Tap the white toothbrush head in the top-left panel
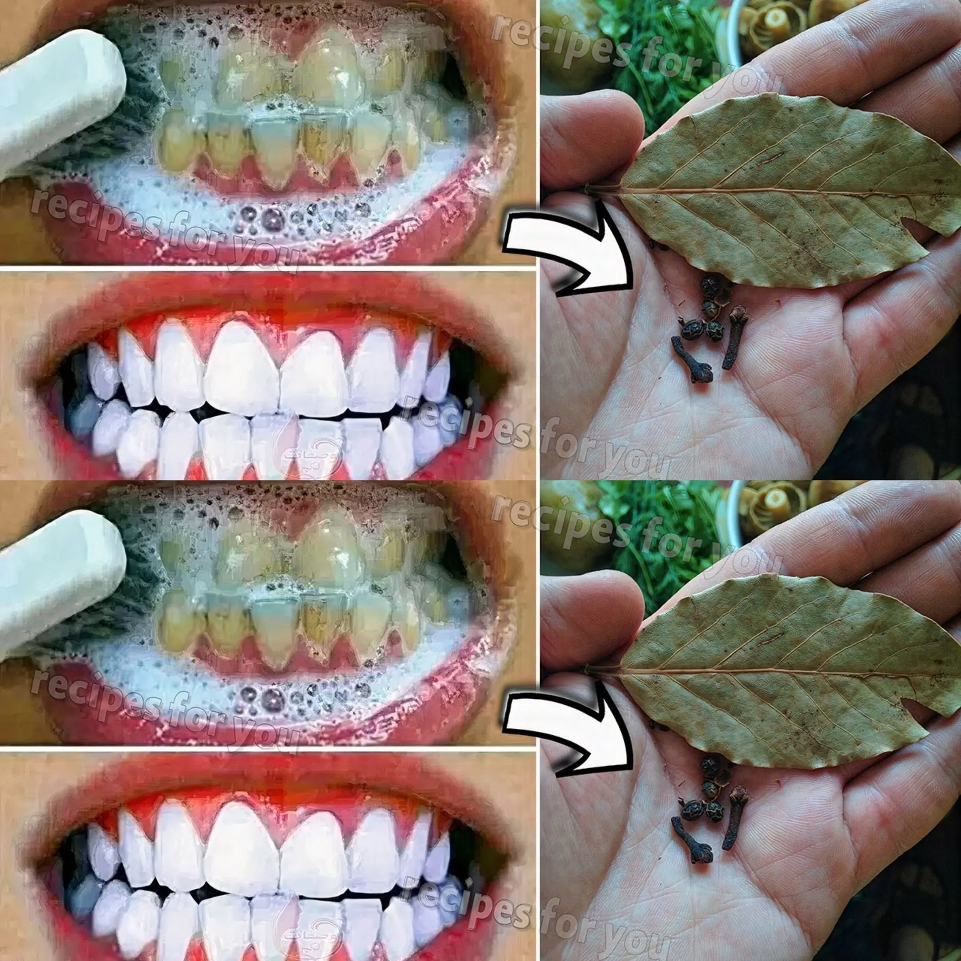tap(55, 94)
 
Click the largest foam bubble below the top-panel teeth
tap(272, 217)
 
